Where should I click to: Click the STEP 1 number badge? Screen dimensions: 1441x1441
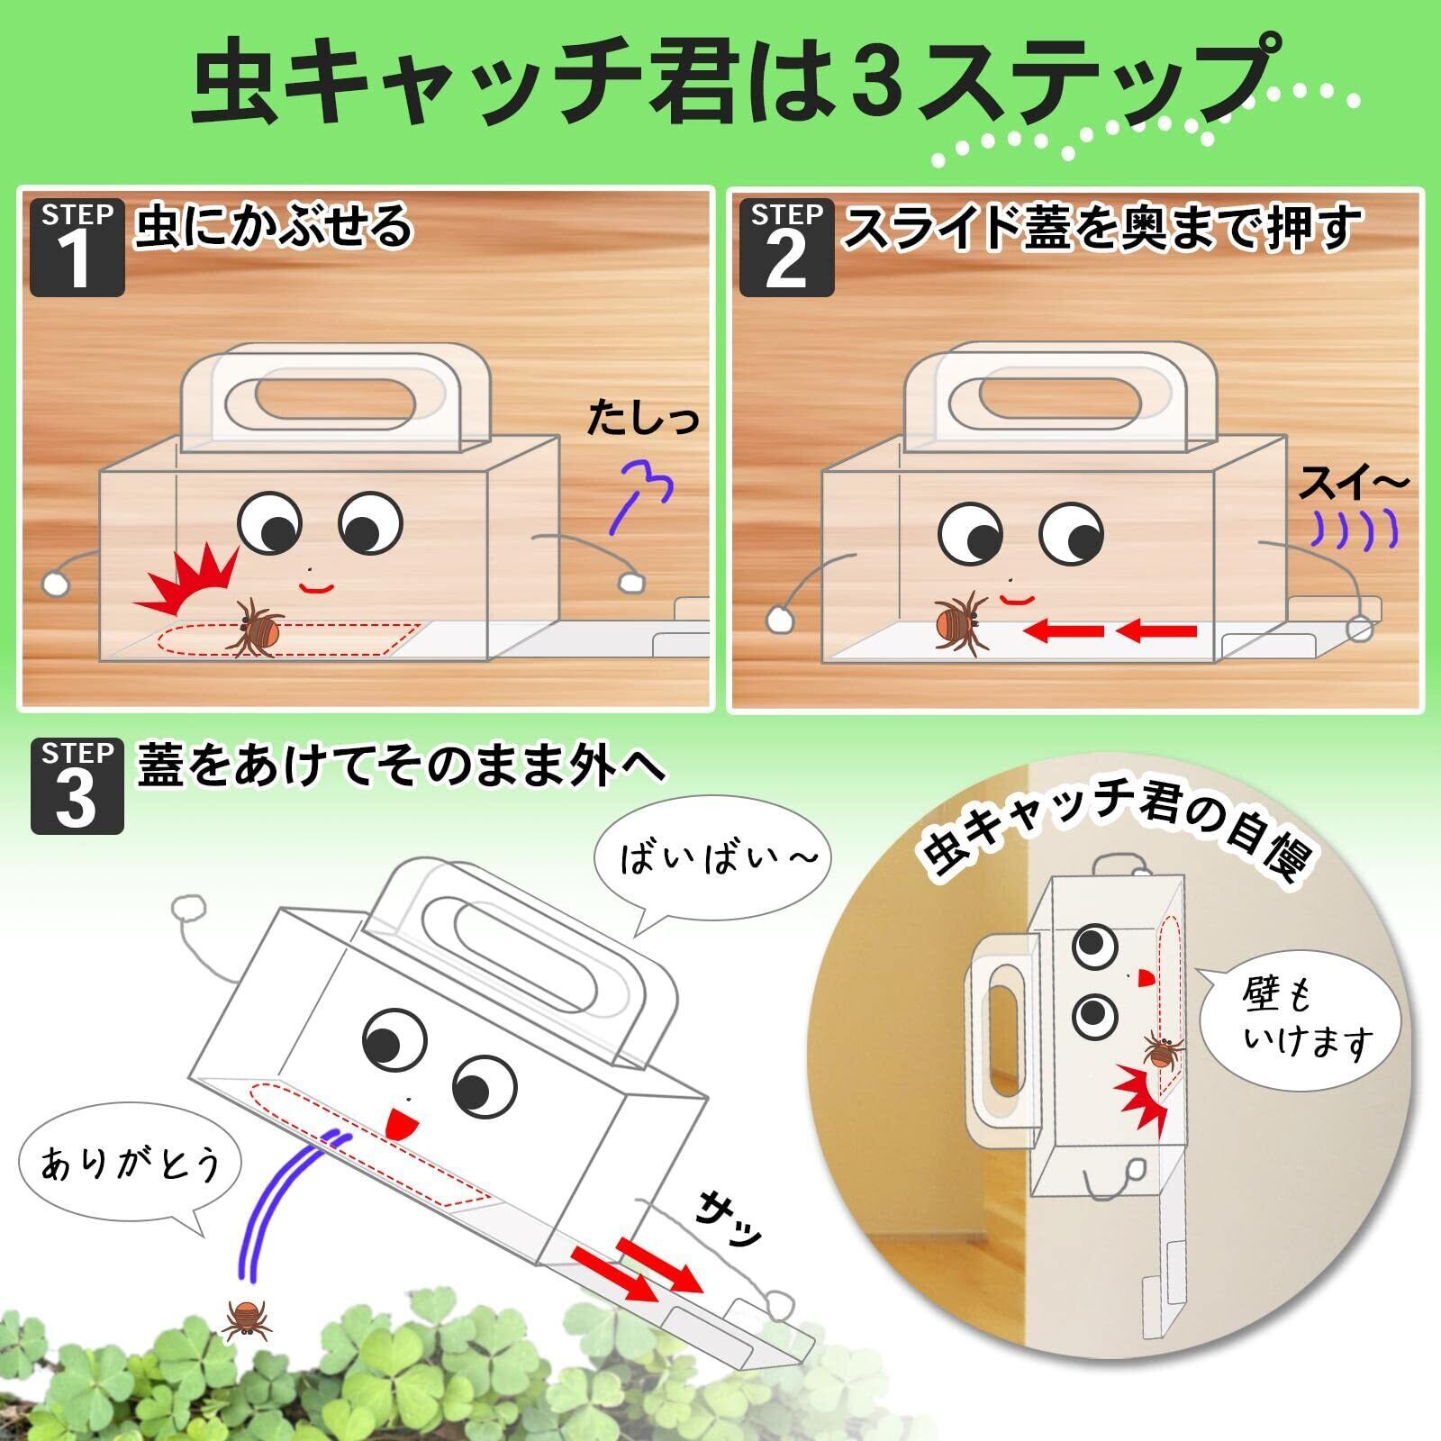[x=77, y=248]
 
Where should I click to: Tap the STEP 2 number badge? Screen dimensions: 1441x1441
[x=786, y=248]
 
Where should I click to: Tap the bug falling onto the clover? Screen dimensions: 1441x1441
[x=246, y=1320]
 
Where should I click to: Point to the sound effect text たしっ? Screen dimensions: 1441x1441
[x=642, y=420]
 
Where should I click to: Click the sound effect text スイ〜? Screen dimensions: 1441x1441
[x=1352, y=485]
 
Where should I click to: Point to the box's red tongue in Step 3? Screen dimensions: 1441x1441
[x=394, y=1124]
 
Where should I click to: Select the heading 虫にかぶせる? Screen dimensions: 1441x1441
[x=274, y=225]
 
